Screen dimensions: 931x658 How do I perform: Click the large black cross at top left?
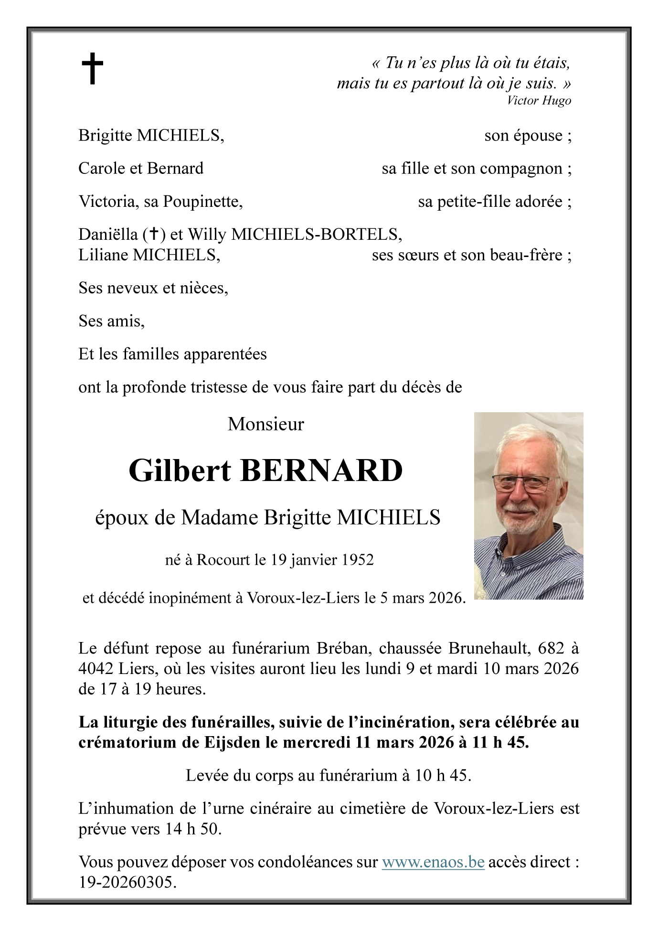click(92, 68)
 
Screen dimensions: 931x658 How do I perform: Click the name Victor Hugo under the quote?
click(539, 100)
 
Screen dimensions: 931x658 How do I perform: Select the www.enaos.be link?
click(433, 862)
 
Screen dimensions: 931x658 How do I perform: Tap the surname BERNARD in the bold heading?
click(321, 471)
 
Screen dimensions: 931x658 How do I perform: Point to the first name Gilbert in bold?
click(180, 471)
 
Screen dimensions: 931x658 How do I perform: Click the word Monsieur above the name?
click(265, 424)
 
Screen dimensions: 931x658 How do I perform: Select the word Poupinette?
click(202, 202)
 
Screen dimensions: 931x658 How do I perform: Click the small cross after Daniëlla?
click(154, 234)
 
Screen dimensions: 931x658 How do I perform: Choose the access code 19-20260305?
click(127, 882)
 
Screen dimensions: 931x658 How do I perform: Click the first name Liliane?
click(103, 255)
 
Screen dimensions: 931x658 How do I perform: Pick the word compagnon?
click(521, 169)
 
